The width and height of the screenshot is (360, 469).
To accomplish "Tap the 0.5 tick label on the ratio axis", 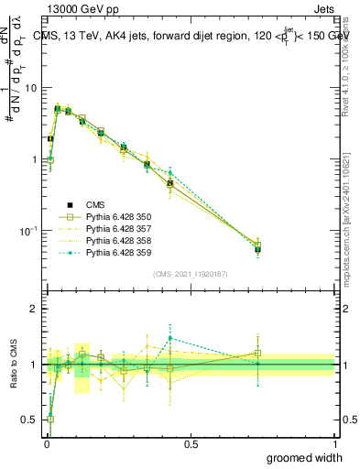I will point(30,420).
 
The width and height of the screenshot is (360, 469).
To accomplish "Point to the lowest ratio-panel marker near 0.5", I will point(49,419).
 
